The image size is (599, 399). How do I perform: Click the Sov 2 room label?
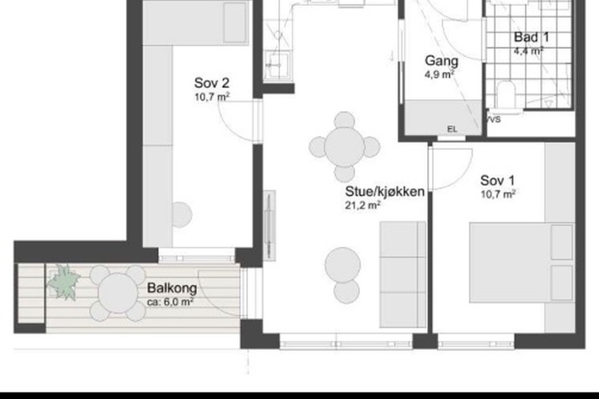pyautogui.click(x=212, y=83)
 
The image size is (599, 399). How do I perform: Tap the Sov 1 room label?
pyautogui.click(x=497, y=180)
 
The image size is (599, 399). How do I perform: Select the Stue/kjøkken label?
pyautogui.click(x=385, y=192)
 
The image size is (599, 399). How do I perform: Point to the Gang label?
pyautogui.click(x=441, y=61)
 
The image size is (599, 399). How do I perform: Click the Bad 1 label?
pyautogui.click(x=531, y=37)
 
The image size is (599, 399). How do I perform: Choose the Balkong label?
pyautogui.click(x=172, y=288)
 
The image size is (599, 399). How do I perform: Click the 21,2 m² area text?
pyautogui.click(x=363, y=205)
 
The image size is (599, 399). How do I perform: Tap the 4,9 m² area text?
pyautogui.click(x=439, y=74)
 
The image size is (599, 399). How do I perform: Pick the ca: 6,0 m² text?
pyautogui.click(x=170, y=302)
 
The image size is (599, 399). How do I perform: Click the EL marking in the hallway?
pyautogui.click(x=452, y=130)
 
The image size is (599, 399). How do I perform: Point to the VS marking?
pyautogui.click(x=493, y=120)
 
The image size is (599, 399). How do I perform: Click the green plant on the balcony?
pyautogui.click(x=64, y=283)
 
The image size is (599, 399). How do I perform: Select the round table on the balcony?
pyautogui.click(x=118, y=293)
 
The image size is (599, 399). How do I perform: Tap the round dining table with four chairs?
pyautogui.click(x=344, y=147)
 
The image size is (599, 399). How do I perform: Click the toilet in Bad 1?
pyautogui.click(x=506, y=96)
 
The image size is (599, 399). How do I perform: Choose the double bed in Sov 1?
pyautogui.click(x=522, y=263)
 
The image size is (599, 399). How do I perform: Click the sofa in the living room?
pyautogui.click(x=403, y=275)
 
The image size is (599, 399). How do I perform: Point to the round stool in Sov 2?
pyautogui.click(x=181, y=215)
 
